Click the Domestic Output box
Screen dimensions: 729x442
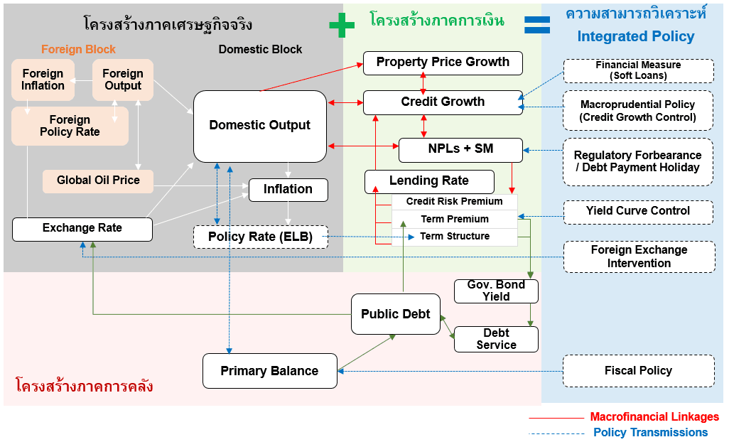click(260, 126)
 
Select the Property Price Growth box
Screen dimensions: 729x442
click(443, 63)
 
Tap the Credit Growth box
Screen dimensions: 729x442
click(443, 102)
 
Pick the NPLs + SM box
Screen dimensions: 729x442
click(460, 150)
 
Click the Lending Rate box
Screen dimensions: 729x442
click(429, 181)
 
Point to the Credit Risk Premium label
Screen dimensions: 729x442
click(454, 201)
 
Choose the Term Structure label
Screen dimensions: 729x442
click(455, 236)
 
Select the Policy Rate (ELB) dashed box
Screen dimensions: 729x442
click(260, 237)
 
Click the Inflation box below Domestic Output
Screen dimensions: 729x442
click(288, 190)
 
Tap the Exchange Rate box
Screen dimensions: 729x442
click(82, 229)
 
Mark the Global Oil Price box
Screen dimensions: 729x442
click(98, 180)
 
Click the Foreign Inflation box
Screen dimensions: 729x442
click(43, 80)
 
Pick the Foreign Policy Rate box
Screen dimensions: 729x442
click(70, 126)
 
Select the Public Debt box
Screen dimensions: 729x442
click(396, 313)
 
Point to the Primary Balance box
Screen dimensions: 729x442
click(270, 371)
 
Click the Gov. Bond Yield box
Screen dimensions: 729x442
click(496, 291)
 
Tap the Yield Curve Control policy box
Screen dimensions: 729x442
click(638, 212)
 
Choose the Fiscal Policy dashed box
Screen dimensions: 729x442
click(638, 371)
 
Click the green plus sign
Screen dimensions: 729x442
click(342, 25)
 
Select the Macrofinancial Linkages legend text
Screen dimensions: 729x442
click(654, 416)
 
